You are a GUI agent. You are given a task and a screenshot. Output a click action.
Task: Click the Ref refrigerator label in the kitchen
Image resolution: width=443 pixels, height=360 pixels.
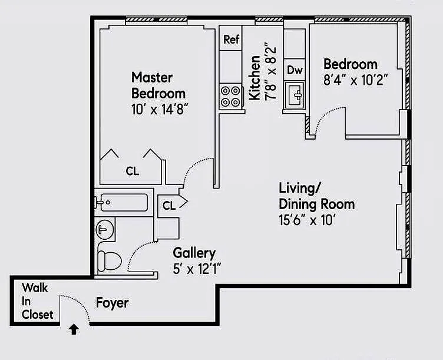coord(232,40)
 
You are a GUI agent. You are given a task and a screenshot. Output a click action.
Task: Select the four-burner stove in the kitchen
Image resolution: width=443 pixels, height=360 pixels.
coord(231,97)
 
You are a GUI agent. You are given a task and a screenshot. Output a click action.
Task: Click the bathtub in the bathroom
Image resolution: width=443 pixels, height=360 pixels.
coord(121,203)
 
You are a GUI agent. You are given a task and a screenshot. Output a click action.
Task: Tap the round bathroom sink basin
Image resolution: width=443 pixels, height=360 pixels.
coord(105,229)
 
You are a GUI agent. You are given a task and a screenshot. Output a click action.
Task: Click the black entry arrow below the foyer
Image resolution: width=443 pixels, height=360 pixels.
coord(74,329)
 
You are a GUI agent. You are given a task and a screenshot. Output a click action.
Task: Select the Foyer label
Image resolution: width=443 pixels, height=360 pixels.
coord(112,303)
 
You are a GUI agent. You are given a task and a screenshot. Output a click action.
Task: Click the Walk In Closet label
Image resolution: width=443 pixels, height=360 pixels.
coord(37,301)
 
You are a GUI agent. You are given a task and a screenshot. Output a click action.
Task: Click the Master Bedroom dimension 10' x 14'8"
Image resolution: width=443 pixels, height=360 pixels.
coord(159,109)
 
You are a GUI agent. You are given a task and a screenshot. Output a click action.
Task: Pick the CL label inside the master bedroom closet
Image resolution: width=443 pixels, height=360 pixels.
coord(133,171)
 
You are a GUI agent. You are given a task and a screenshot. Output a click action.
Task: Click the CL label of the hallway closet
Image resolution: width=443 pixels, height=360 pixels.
coord(169,206)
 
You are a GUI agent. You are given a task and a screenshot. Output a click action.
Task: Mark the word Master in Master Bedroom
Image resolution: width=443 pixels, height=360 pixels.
coord(152,77)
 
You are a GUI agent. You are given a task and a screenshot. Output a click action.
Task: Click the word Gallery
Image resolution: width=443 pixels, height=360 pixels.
coord(194,253)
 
